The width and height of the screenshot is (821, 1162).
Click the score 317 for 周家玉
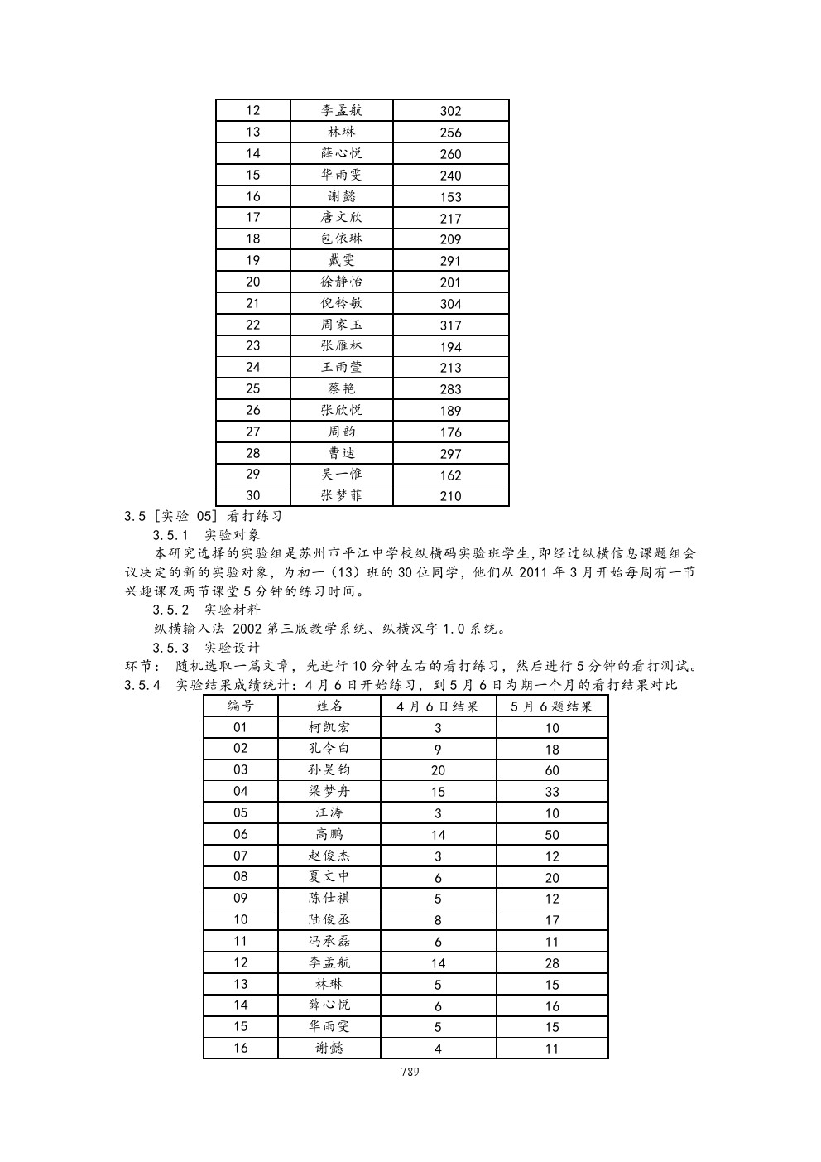coord(450,325)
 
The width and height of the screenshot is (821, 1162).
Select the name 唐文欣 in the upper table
coord(341,218)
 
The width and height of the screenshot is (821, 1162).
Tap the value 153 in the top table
coord(450,197)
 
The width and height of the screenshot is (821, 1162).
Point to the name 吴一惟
coord(341,475)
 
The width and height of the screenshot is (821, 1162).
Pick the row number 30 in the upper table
coord(252,496)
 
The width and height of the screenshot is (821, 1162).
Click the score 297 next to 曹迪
coord(450,454)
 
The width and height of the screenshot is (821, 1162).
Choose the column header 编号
coord(240,706)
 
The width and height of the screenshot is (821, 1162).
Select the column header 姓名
coord(329,706)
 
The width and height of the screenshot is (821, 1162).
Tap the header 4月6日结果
coord(438,706)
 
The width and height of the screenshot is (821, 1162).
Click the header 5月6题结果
coord(552,706)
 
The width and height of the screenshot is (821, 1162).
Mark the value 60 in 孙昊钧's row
coord(552,770)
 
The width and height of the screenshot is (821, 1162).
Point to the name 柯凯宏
coord(329,728)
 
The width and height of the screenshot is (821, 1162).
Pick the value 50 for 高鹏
coord(552,835)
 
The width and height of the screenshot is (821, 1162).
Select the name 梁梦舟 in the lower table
coord(329,792)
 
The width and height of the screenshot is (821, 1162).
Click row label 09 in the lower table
coord(240,899)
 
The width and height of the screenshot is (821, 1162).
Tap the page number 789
coord(410,1071)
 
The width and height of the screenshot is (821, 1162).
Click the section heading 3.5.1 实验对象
coord(206,535)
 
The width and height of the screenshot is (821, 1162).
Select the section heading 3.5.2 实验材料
coord(206,610)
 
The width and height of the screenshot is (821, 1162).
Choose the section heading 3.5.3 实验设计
coord(206,648)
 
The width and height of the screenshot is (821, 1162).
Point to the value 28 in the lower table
coord(552,963)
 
